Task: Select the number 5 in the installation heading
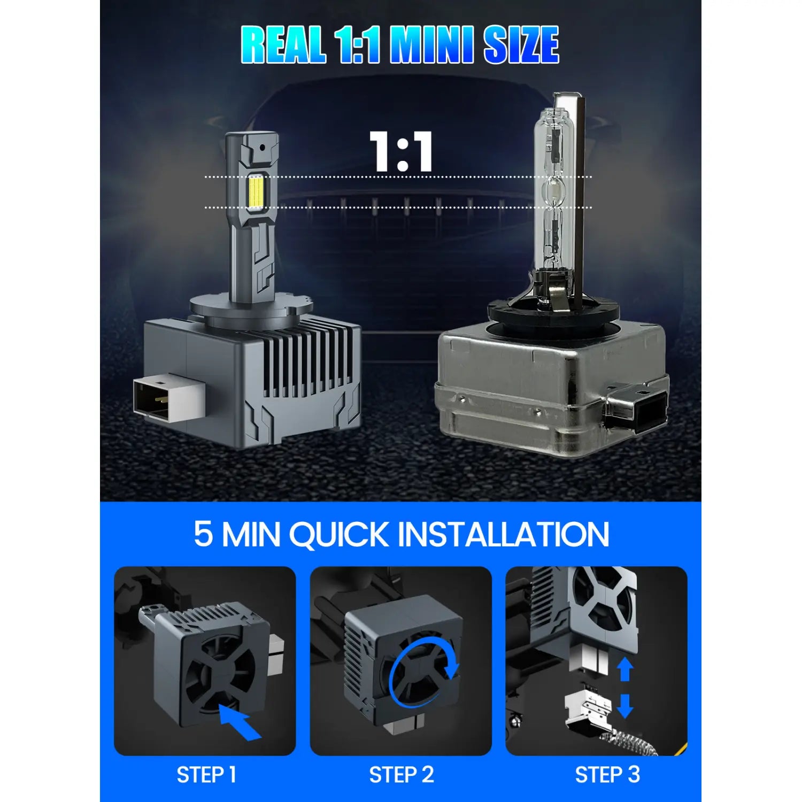(203, 534)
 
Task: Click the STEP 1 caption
(206, 775)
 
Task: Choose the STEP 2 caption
(401, 775)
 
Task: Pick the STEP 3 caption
(607, 775)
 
